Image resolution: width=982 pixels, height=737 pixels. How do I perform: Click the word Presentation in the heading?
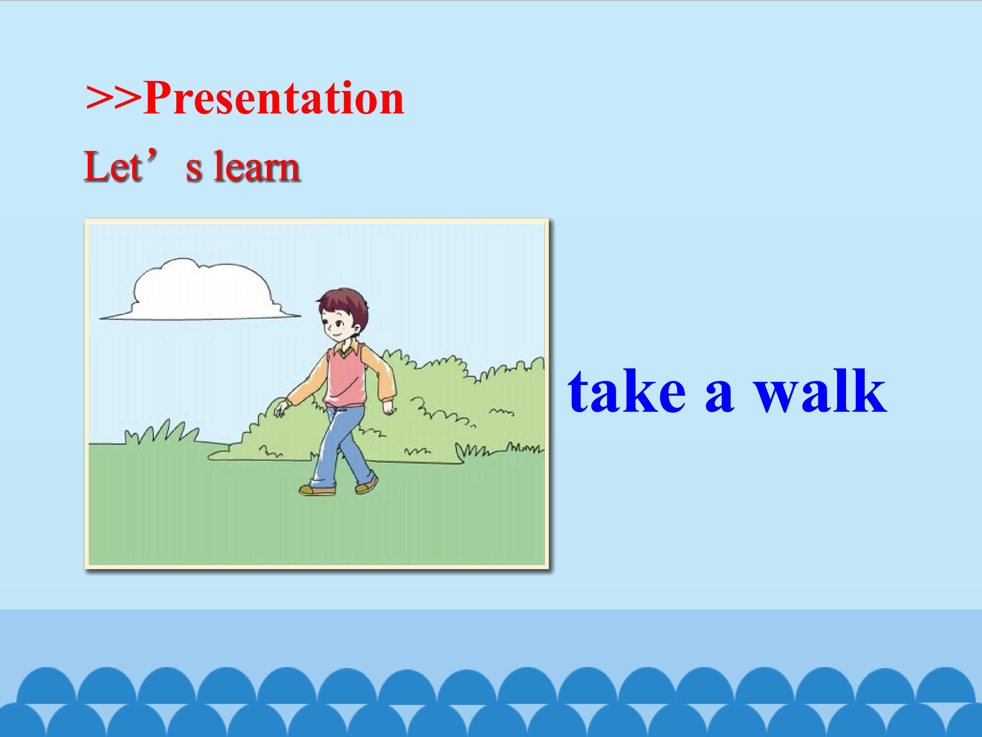pos(273,98)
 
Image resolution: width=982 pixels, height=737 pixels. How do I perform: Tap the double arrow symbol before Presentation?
pos(114,99)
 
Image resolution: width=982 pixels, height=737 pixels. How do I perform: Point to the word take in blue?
pos(627,391)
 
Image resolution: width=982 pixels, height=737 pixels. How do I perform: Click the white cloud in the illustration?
pos(200,291)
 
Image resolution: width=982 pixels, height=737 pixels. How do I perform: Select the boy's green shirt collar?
pos(347,351)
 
